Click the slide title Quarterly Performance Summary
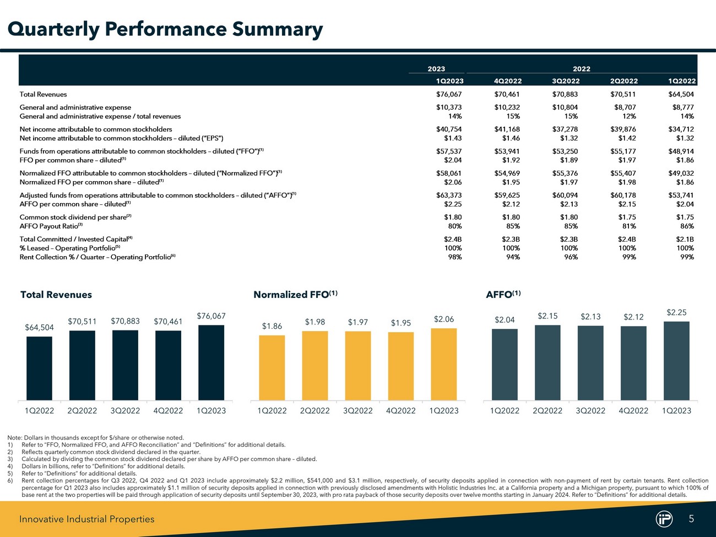click(x=165, y=29)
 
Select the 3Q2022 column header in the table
click(x=566, y=82)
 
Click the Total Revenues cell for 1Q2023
click(x=449, y=95)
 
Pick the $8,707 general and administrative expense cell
click(x=625, y=107)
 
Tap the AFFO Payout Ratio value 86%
click(x=687, y=226)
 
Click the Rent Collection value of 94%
click(x=513, y=257)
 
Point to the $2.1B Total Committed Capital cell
click(x=685, y=239)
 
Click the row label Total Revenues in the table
click(x=43, y=95)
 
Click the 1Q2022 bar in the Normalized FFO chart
click(x=272, y=367)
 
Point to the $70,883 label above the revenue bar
click(x=125, y=321)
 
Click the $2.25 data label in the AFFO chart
click(x=676, y=312)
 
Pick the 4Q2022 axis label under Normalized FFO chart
click(x=401, y=411)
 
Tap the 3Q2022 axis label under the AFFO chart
click(x=590, y=411)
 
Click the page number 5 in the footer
click(x=691, y=518)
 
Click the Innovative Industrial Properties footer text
click(x=87, y=519)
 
